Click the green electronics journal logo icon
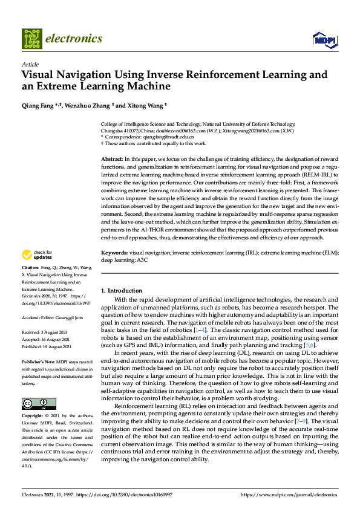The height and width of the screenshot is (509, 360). pyautogui.click(x=31, y=39)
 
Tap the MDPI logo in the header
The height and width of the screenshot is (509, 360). pyautogui.click(x=324, y=39)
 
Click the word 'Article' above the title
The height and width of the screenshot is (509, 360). pyautogui.click(x=30, y=64)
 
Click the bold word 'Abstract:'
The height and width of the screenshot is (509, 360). pyautogui.click(x=113, y=158)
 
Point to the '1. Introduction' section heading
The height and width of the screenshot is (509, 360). pyautogui.click(x=122, y=291)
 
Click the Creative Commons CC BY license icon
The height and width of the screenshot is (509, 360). pyautogui.click(x=39, y=403)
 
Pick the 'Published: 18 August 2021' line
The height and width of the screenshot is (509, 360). pyautogui.click(x=47, y=347)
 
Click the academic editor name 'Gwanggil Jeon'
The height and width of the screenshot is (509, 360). pyautogui.click(x=71, y=317)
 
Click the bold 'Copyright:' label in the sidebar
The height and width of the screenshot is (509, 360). pyautogui.click(x=33, y=417)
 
